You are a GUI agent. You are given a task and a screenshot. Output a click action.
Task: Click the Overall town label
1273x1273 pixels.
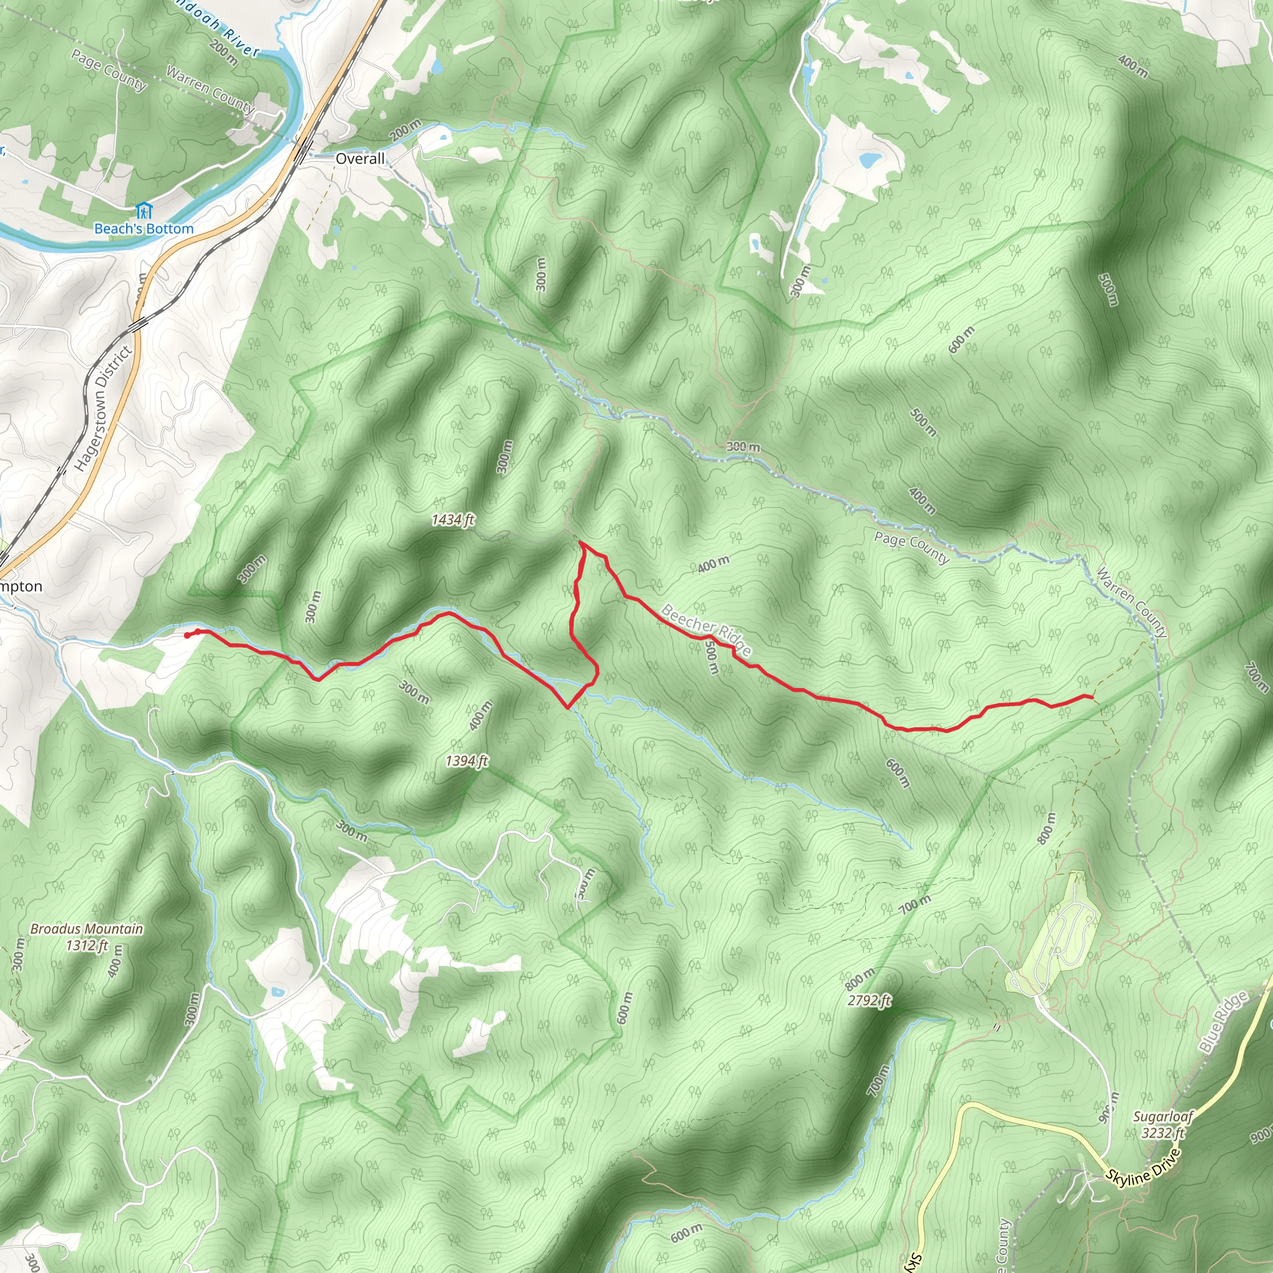coord(360,159)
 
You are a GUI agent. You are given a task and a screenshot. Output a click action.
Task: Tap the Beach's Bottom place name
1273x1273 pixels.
coord(144,229)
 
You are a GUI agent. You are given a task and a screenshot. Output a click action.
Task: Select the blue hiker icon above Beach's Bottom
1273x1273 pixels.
coord(144,211)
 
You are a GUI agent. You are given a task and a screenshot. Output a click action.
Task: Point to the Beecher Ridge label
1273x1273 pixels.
coord(705,630)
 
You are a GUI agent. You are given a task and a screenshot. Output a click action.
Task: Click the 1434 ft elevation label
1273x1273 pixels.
coord(453,520)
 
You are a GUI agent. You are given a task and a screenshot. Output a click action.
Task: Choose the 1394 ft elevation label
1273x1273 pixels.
coord(467,761)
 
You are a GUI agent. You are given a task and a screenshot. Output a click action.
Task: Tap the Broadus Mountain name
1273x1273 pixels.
coord(86,929)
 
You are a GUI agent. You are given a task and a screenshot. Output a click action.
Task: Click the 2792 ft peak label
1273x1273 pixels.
coord(869,1000)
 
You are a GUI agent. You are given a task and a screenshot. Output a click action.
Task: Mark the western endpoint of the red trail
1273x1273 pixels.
coord(187,635)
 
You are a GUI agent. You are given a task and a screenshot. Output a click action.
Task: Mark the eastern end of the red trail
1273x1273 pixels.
coord(1091,696)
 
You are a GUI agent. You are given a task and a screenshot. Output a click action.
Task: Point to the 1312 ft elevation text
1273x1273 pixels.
coord(86,945)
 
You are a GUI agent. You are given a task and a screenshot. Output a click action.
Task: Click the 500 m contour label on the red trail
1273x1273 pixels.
coord(711,657)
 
